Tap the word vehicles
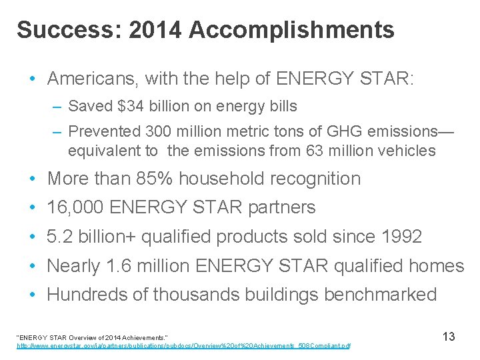407,151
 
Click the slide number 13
449,337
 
